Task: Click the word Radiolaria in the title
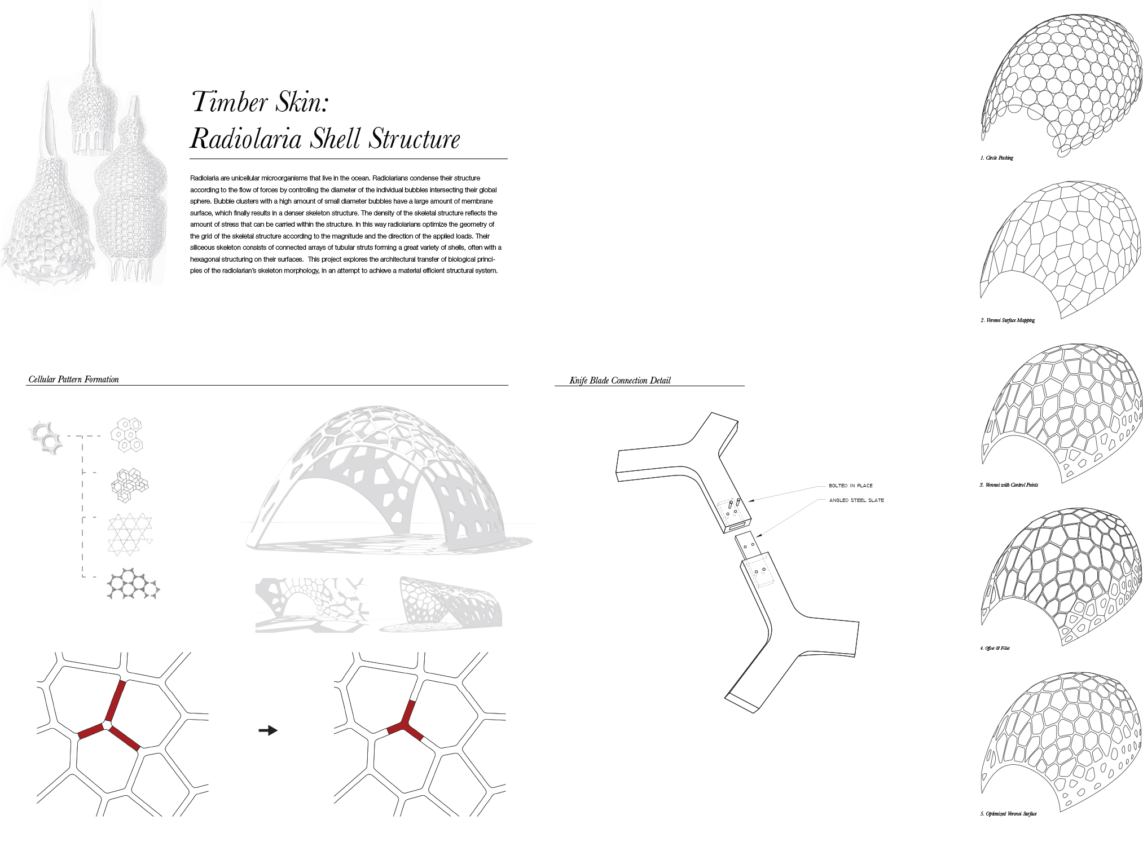[x=245, y=139]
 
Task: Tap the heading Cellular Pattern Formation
[x=74, y=380]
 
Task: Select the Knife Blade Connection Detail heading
[x=620, y=381]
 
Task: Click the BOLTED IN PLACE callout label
[x=851, y=486]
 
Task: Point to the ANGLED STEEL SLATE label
[x=856, y=500]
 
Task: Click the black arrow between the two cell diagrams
[x=268, y=730]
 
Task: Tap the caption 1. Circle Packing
[x=997, y=158]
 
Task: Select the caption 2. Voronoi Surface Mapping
[x=1008, y=320]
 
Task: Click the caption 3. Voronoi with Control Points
[x=1009, y=485]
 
